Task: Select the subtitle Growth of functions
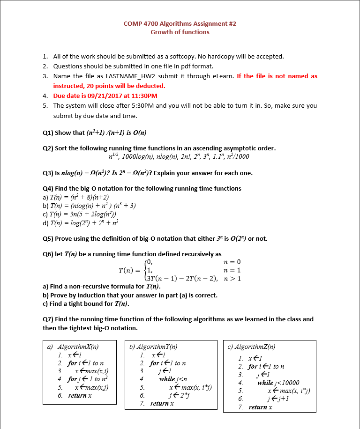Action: click(x=180, y=32)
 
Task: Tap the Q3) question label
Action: click(x=48, y=172)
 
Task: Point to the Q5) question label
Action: click(x=48, y=238)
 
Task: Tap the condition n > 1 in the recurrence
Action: click(x=232, y=279)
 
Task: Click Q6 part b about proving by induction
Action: click(x=130, y=295)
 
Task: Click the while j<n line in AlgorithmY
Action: click(x=173, y=379)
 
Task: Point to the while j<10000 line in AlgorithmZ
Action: click(x=278, y=383)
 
